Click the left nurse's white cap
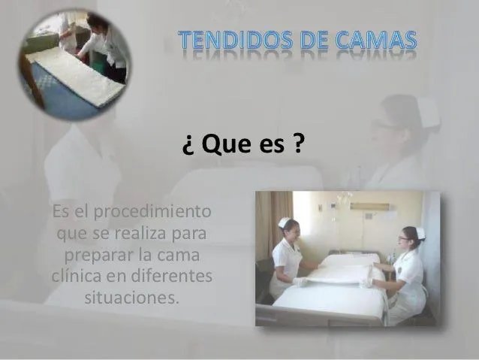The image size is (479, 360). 285,222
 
